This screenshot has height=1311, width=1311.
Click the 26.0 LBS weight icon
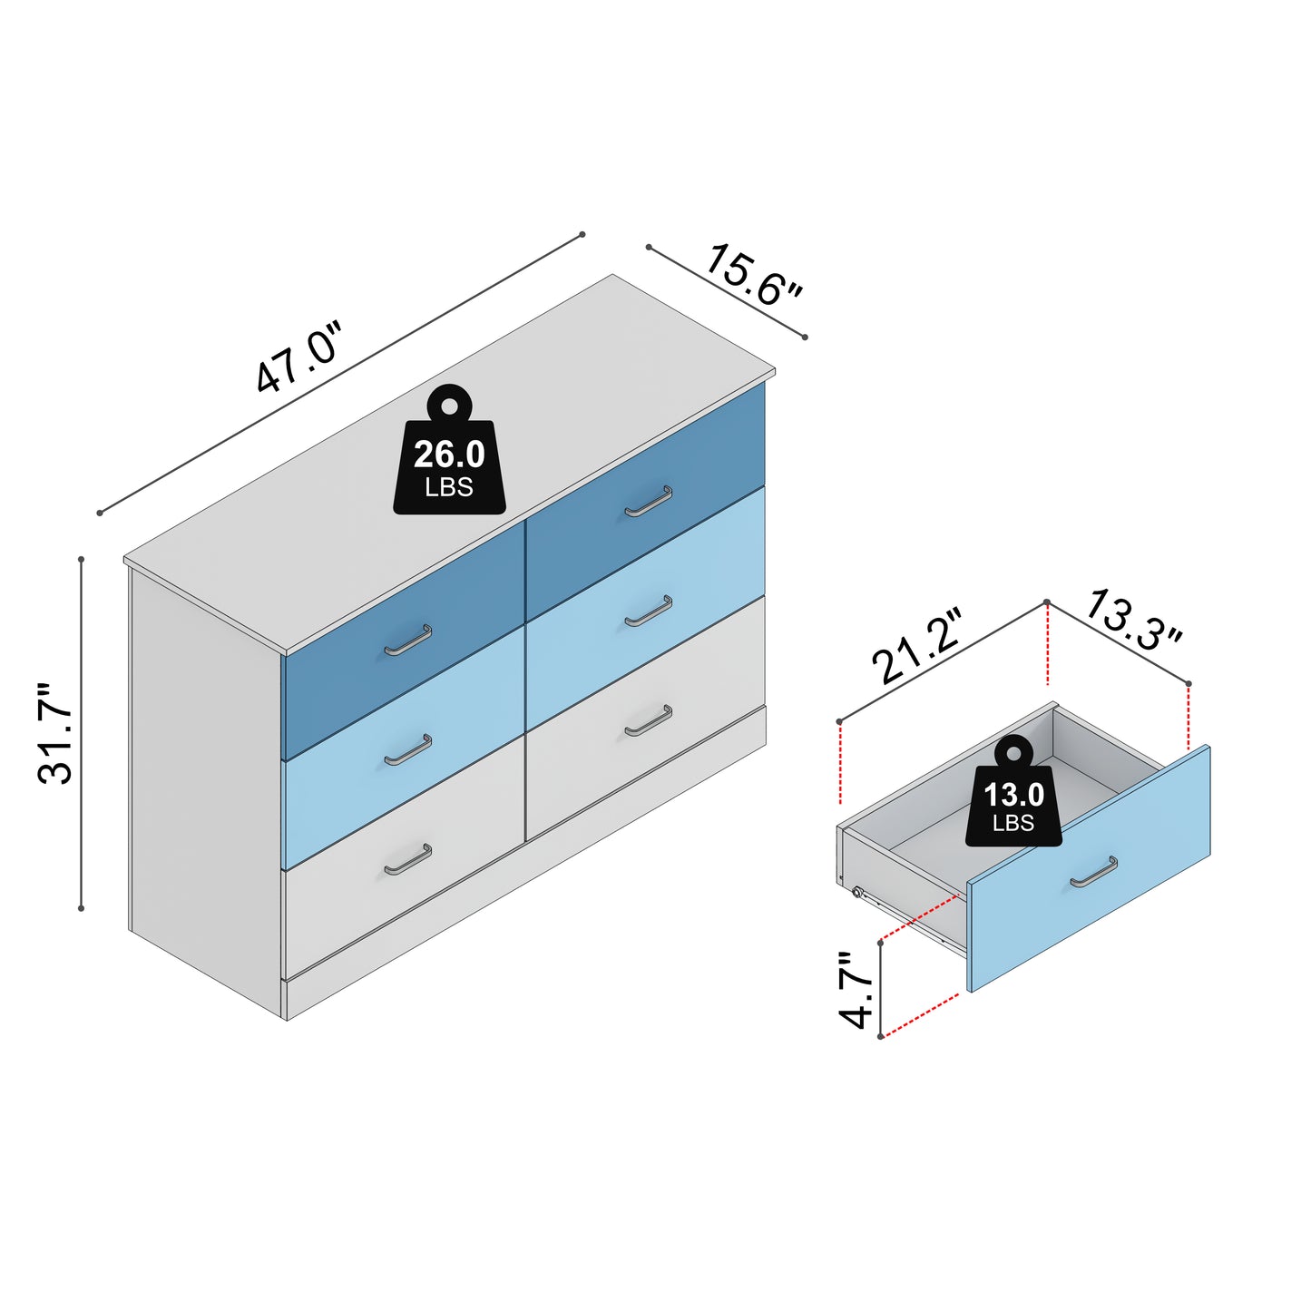[x=450, y=449]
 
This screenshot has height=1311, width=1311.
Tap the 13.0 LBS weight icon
[x=1013, y=790]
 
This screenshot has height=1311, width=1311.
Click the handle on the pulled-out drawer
[x=1093, y=873]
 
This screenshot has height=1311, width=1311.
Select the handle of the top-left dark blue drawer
[x=407, y=641]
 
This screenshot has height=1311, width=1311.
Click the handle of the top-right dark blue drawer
[x=649, y=502]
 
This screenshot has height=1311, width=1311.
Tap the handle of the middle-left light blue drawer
[x=407, y=750]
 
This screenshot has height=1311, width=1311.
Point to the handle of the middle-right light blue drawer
[x=649, y=611]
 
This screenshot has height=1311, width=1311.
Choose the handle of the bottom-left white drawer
[x=407, y=860]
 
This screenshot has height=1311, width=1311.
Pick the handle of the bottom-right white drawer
[x=649, y=720]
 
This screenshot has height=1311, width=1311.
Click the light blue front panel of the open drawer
[x=1089, y=869]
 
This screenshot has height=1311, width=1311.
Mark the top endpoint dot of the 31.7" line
[x=81, y=559]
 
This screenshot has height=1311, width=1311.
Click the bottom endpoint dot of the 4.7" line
[x=880, y=1037]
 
